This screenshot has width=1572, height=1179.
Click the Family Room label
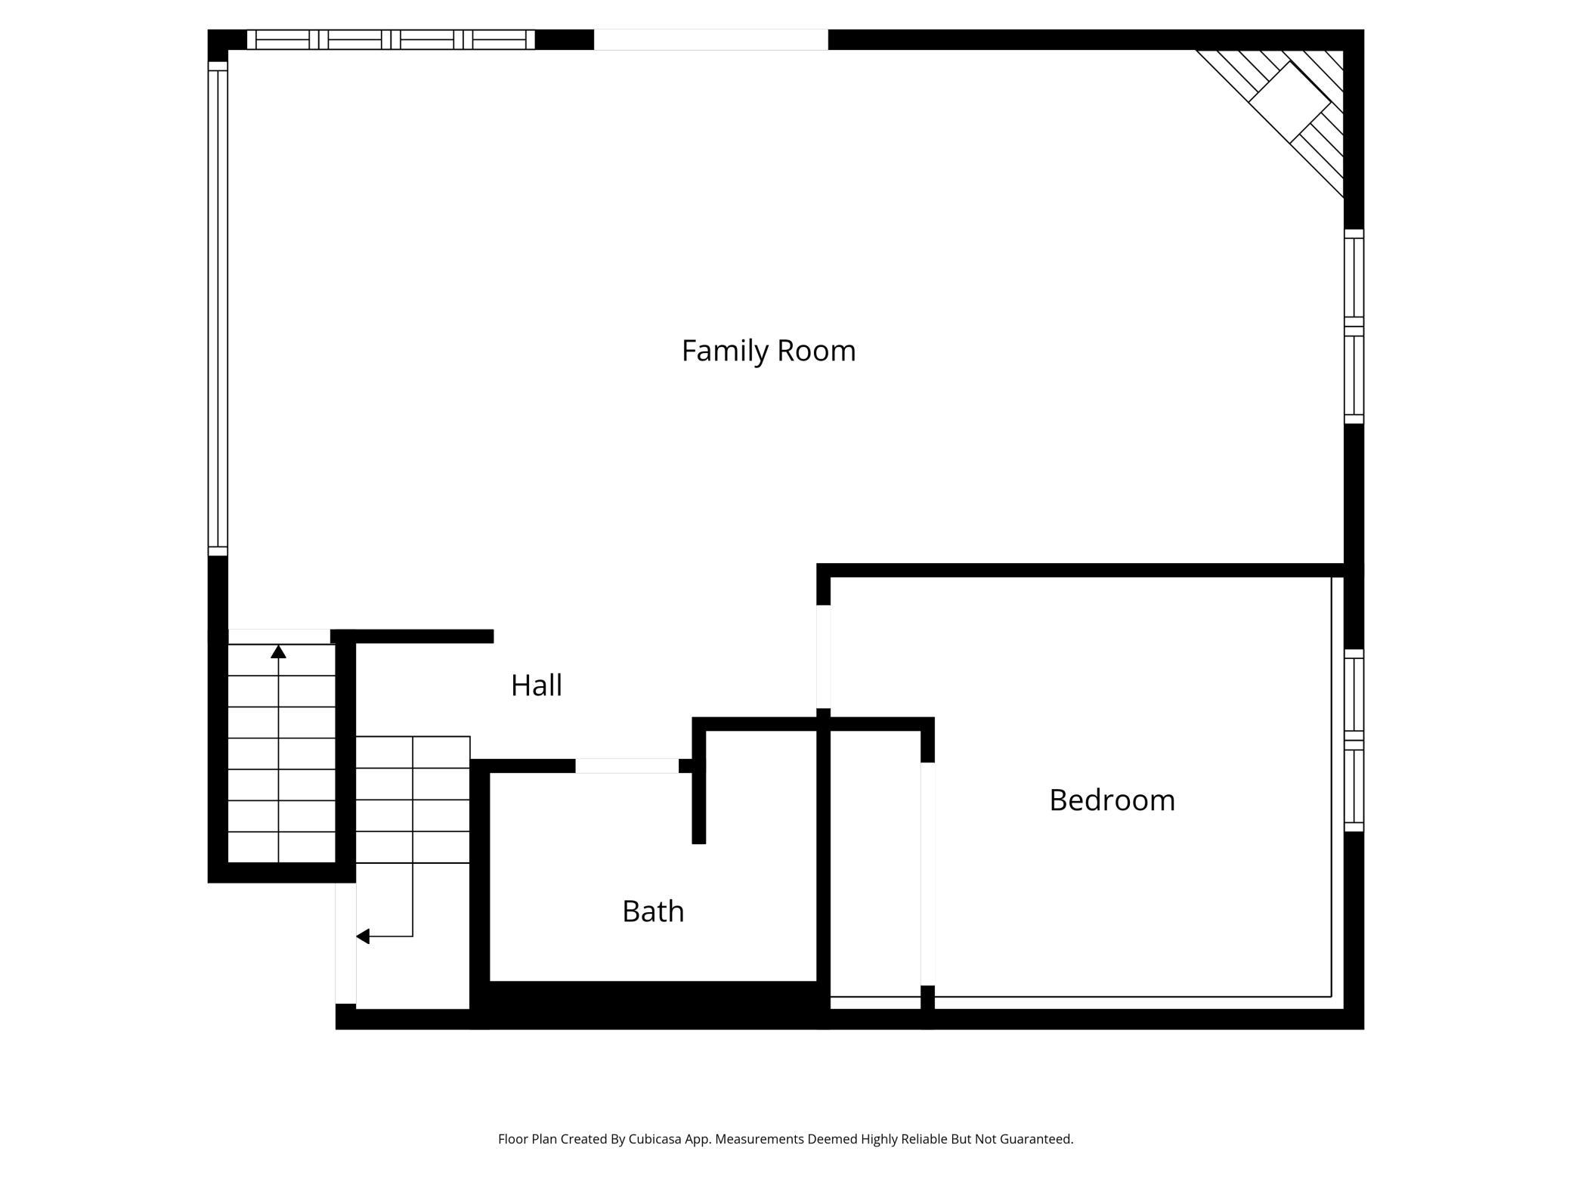[769, 351]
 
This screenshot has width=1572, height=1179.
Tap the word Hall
[536, 685]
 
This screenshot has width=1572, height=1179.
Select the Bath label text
[653, 911]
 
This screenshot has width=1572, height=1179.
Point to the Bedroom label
[1112, 800]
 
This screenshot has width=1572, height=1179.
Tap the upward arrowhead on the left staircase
[278, 651]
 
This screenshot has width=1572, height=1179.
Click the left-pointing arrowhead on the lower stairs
[363, 936]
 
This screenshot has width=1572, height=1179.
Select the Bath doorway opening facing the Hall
[627, 766]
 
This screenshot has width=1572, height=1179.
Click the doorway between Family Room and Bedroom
[824, 656]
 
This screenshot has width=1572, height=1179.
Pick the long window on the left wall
[218, 308]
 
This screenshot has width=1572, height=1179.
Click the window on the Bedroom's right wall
[1354, 740]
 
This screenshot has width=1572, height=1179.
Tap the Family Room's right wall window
[1354, 326]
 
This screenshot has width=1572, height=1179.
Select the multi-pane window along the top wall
[391, 39]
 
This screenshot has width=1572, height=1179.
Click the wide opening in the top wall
[710, 39]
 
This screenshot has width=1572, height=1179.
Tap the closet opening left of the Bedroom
[927, 874]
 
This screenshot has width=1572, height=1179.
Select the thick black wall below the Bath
[653, 1004]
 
